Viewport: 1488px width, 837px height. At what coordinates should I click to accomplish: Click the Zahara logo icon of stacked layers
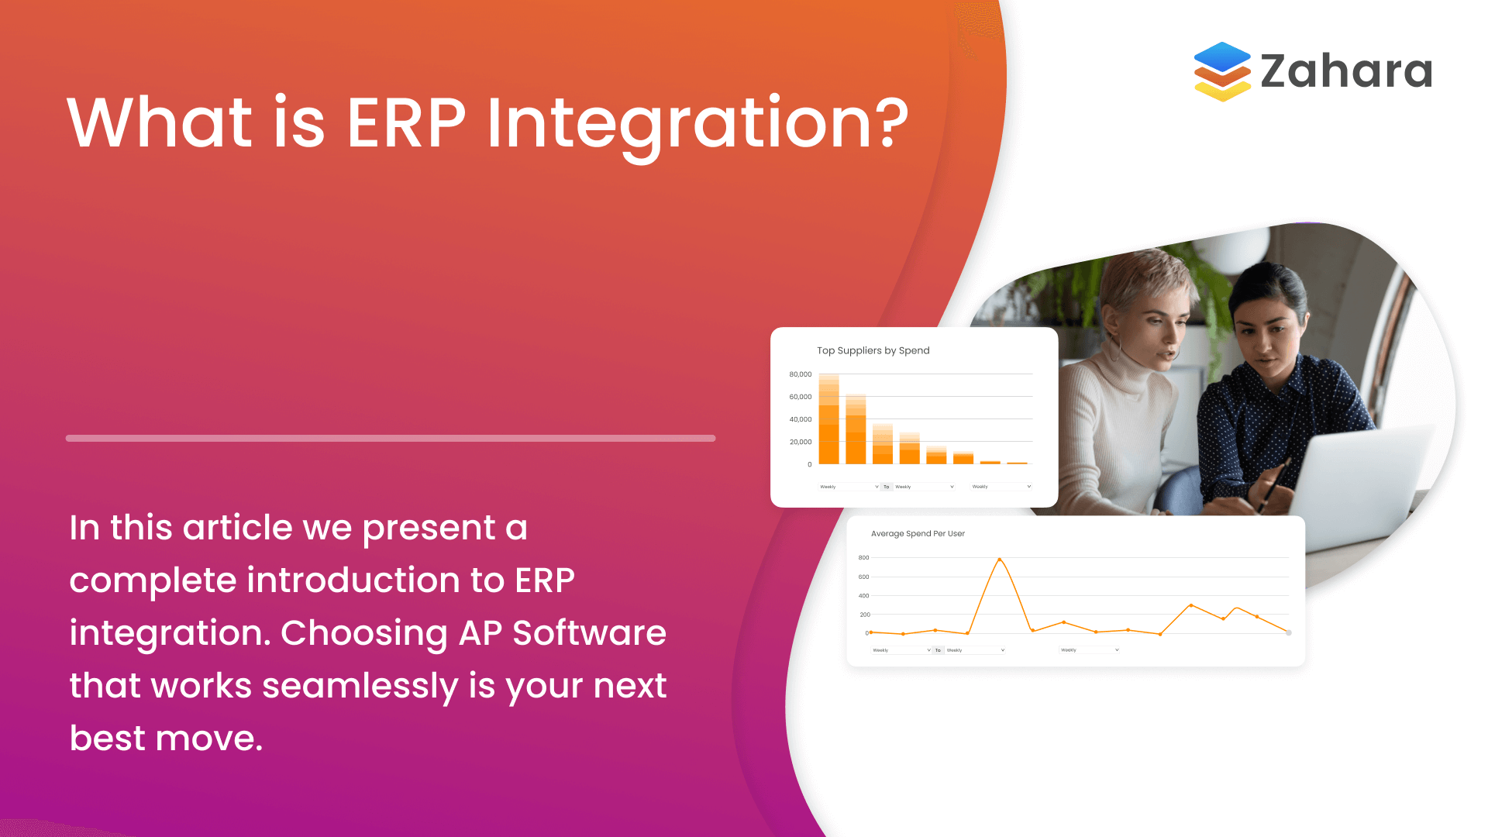click(1222, 71)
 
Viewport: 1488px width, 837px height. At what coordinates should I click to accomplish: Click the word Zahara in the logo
click(1346, 71)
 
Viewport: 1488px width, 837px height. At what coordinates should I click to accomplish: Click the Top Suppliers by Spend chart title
click(873, 350)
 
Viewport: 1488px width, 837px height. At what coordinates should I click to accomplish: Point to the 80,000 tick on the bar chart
click(800, 374)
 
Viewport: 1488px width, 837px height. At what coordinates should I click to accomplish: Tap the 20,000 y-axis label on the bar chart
click(800, 442)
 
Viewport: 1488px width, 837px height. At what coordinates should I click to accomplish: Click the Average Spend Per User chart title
click(918, 533)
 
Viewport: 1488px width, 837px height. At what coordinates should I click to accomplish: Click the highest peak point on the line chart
click(999, 560)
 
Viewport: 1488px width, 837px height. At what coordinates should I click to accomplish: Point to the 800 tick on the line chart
click(863, 558)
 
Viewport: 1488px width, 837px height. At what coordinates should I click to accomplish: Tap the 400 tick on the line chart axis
click(863, 596)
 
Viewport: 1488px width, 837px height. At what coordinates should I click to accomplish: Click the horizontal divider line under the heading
click(390, 439)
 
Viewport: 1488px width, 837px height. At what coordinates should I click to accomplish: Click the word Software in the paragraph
click(589, 633)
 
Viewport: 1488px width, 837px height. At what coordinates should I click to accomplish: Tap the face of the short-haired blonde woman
click(1155, 325)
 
